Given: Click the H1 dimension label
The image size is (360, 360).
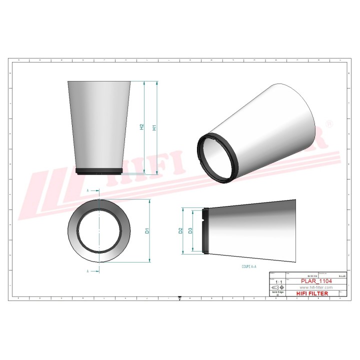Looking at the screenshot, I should (155, 128).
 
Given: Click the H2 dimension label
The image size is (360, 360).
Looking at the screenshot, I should (142, 128).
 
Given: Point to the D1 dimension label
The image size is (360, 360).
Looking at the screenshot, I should (147, 231).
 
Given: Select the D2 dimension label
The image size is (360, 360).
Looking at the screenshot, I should (180, 231).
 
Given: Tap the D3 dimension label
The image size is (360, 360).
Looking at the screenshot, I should (190, 231).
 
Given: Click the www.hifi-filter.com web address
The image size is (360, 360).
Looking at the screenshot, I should (315, 287).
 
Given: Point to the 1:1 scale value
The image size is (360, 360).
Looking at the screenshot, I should (278, 282).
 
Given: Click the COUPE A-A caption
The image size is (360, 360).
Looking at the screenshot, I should (248, 267).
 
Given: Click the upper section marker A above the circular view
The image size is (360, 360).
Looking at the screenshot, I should (88, 191).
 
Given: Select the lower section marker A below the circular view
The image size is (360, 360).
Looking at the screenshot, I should (88, 270).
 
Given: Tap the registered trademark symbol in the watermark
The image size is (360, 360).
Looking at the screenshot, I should (328, 122).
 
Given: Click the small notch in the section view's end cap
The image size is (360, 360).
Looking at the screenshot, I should (205, 216).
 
